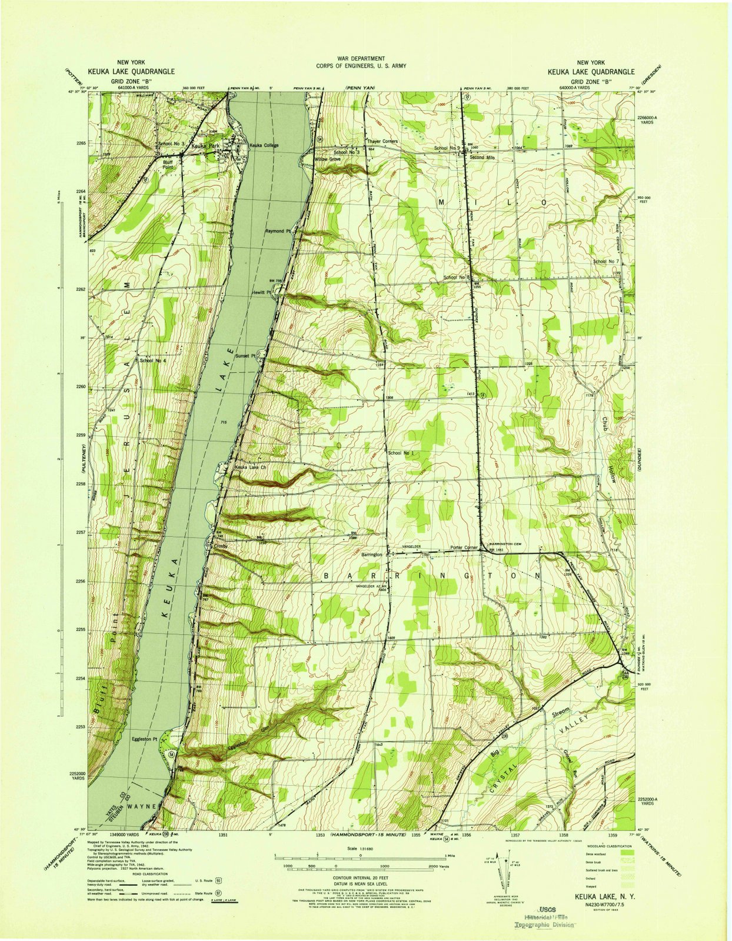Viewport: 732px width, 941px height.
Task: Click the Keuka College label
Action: point(263,145)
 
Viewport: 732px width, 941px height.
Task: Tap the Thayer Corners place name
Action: point(382,142)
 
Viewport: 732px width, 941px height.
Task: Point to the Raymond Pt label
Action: point(278,231)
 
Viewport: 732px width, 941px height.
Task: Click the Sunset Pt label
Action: point(247,356)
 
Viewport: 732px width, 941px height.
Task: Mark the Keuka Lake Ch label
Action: point(251,468)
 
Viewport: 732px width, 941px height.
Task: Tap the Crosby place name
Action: point(221,546)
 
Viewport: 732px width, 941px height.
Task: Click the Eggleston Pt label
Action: point(145,739)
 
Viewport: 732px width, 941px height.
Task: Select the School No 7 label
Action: point(607,261)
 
